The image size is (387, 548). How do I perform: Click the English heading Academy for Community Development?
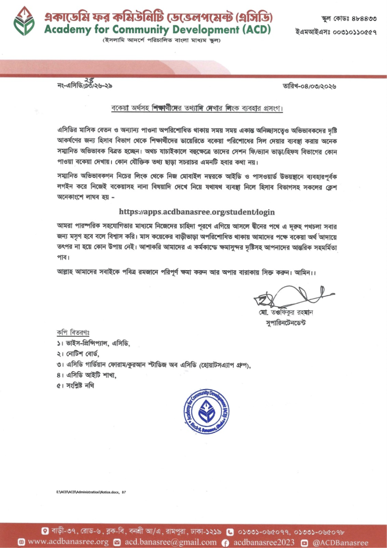click(x=158, y=29)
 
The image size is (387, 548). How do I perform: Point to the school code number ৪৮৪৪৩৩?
click(x=363, y=19)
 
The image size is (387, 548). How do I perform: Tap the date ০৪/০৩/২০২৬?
click(x=320, y=86)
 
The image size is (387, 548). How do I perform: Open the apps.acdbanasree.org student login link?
click(x=193, y=212)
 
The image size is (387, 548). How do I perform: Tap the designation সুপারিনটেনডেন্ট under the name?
click(x=284, y=324)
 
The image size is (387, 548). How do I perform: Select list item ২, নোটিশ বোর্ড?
click(x=78, y=354)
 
